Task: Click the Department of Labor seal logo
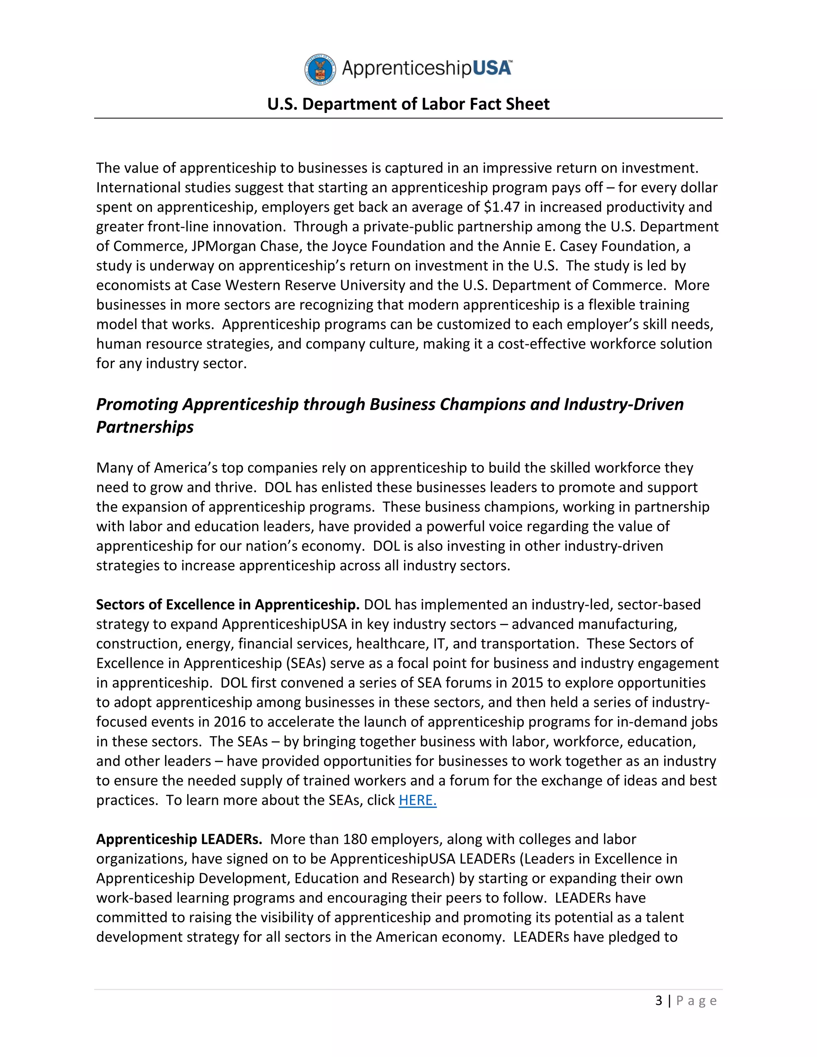[x=320, y=70]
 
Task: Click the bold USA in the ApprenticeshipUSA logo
[x=491, y=68]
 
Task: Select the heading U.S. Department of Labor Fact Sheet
[x=408, y=104]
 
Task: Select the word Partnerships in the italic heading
[x=145, y=427]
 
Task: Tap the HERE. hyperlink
[x=417, y=800]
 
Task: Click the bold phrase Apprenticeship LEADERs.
[x=179, y=839]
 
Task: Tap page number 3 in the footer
[x=658, y=1000]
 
